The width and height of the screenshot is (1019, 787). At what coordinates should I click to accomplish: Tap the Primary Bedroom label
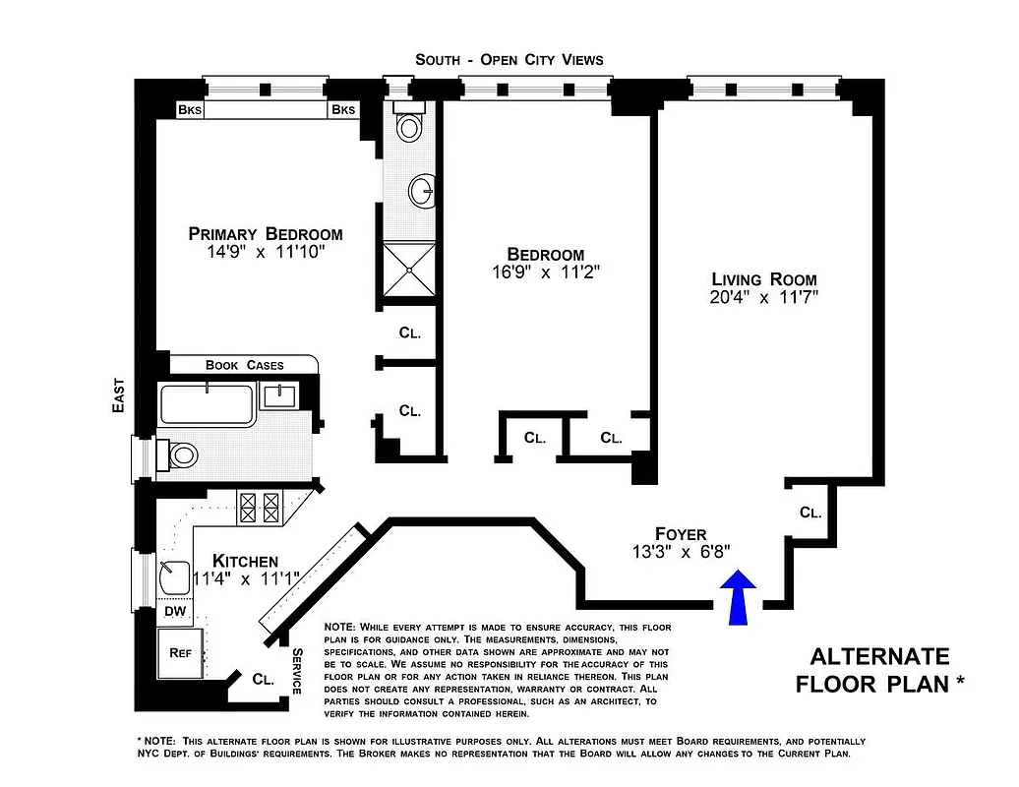coord(266,234)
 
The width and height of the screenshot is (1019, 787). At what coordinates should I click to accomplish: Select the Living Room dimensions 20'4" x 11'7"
coord(764,295)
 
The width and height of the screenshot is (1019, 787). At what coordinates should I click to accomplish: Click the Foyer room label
coord(681,534)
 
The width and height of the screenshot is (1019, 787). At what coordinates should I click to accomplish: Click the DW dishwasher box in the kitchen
coord(174,611)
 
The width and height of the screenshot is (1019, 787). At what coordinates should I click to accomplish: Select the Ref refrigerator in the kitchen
coord(180,652)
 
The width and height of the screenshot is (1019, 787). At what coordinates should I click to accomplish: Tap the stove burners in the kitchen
coord(260,509)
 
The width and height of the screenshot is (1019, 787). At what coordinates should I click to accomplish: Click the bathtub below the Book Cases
coord(208,403)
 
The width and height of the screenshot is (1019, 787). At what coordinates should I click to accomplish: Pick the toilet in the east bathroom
coord(181,454)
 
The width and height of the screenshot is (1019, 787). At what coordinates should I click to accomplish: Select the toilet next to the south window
coord(408,126)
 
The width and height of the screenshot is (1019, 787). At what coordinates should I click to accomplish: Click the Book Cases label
coord(244,365)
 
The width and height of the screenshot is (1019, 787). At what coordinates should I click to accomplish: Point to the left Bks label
coord(189,110)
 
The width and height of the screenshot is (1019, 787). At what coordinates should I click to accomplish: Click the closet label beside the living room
coord(809,513)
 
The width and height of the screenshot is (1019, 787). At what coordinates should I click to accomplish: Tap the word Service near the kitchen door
coord(296,671)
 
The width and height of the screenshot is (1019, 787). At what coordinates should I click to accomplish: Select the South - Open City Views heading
coord(509,60)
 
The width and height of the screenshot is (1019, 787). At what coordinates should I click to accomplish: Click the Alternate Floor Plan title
coord(878,670)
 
